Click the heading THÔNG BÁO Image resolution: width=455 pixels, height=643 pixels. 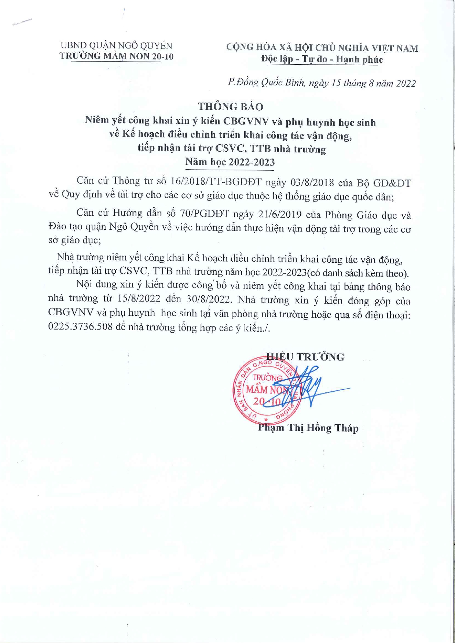230,107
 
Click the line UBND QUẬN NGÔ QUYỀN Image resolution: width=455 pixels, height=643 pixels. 116,46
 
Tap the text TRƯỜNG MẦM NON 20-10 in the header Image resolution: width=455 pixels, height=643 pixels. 116,56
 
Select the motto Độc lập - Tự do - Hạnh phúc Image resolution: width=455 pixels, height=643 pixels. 322,59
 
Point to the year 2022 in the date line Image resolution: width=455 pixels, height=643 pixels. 406,84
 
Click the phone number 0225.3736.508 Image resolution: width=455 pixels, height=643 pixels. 80,327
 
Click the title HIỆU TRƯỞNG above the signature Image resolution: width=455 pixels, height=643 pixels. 305,357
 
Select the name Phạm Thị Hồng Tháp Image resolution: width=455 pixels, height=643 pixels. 308,428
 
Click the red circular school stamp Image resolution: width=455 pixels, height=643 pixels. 267,390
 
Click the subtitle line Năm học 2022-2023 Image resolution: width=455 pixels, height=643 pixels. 230,162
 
